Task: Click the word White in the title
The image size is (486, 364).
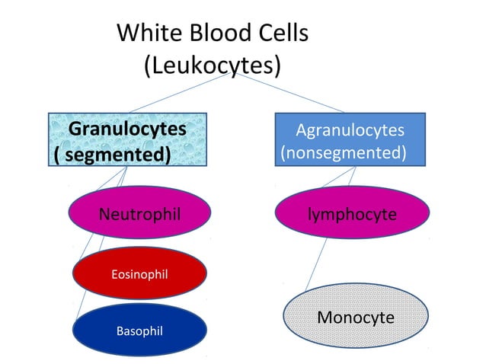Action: pos(146,34)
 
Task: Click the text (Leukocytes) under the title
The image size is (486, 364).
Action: pos(213,65)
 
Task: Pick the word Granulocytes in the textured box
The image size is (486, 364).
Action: pos(128,129)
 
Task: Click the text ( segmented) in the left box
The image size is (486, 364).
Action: pos(111,154)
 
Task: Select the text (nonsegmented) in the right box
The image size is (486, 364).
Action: pos(343,153)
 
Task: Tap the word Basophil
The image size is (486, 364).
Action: pos(139,330)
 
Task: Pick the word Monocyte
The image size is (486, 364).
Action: pos(355,317)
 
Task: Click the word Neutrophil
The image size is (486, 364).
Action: pos(139,214)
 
